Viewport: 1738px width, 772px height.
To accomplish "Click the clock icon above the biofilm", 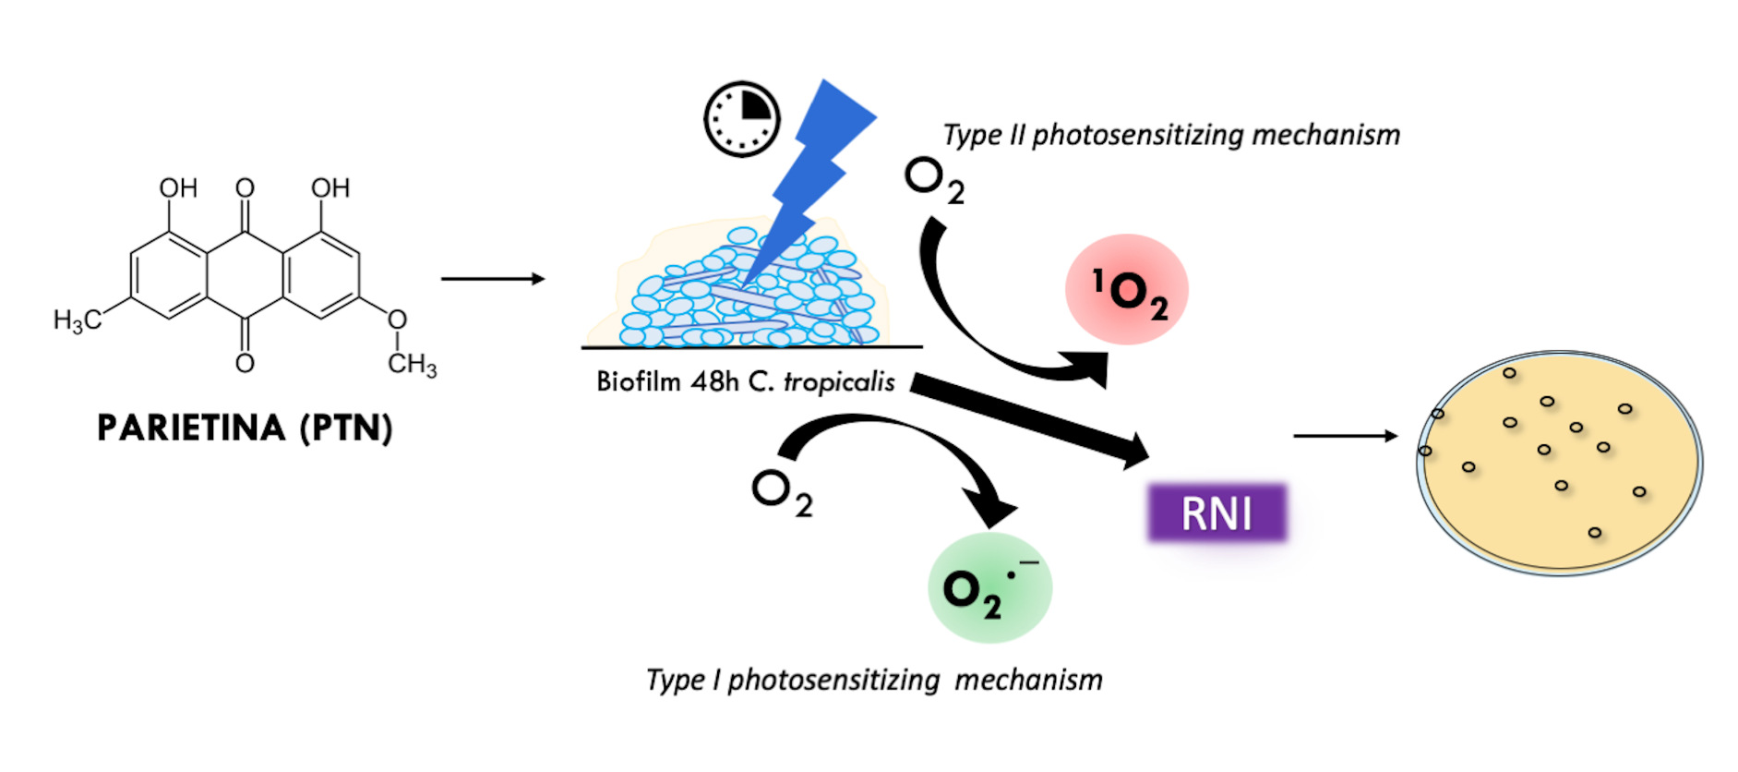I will pyautogui.click(x=742, y=119).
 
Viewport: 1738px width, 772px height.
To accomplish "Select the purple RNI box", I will pyautogui.click(x=1217, y=513).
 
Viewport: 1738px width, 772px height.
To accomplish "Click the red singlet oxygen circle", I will pyautogui.click(x=1127, y=290).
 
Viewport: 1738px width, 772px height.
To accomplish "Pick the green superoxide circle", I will pyautogui.click(x=989, y=588).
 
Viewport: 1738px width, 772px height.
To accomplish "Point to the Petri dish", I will pyautogui.click(x=1559, y=462).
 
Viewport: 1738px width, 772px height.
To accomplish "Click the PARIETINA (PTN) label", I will pyautogui.click(x=245, y=428).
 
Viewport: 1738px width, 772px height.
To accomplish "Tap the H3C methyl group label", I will pyautogui.click(x=78, y=320).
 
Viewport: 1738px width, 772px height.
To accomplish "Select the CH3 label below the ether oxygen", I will pyautogui.click(x=412, y=364).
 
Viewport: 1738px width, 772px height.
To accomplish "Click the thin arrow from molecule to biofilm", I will pyautogui.click(x=493, y=279).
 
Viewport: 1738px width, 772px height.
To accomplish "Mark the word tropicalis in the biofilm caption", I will pyautogui.click(x=839, y=382).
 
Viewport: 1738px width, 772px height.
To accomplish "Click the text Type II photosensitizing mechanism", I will pyautogui.click(x=1170, y=135).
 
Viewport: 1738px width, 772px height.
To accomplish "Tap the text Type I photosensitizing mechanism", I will pyautogui.click(x=873, y=681).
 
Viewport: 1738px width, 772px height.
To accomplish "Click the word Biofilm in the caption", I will pyautogui.click(x=638, y=381).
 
